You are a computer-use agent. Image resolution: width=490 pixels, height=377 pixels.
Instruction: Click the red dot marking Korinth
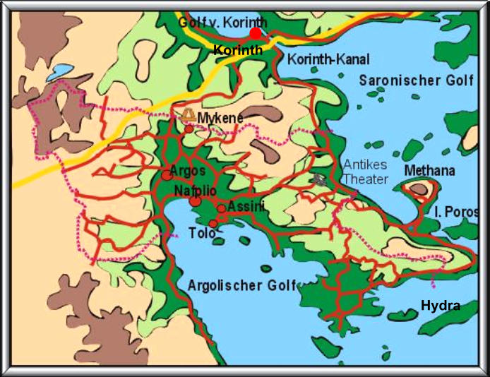tap(256, 33)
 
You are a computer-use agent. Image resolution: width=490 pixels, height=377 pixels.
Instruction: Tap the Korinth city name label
tap(238, 50)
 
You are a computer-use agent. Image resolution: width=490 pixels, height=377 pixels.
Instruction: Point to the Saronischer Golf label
tap(416, 80)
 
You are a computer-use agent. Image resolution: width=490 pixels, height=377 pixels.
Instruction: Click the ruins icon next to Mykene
tap(189, 114)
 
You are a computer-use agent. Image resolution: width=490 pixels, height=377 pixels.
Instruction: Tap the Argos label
tap(188, 171)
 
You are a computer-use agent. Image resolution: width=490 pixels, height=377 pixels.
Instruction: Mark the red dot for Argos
tap(167, 175)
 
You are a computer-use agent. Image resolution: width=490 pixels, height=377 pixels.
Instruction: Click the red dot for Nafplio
tap(195, 202)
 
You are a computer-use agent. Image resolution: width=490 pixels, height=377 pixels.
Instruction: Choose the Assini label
tap(246, 206)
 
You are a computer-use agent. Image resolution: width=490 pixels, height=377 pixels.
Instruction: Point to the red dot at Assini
tap(222, 208)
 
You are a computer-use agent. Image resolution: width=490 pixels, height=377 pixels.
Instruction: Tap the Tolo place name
tap(203, 232)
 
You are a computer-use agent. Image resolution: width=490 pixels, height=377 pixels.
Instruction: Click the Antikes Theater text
tap(366, 172)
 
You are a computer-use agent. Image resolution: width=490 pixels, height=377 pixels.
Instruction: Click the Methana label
tap(429, 171)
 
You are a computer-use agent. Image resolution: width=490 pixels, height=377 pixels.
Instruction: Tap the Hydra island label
tap(440, 306)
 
